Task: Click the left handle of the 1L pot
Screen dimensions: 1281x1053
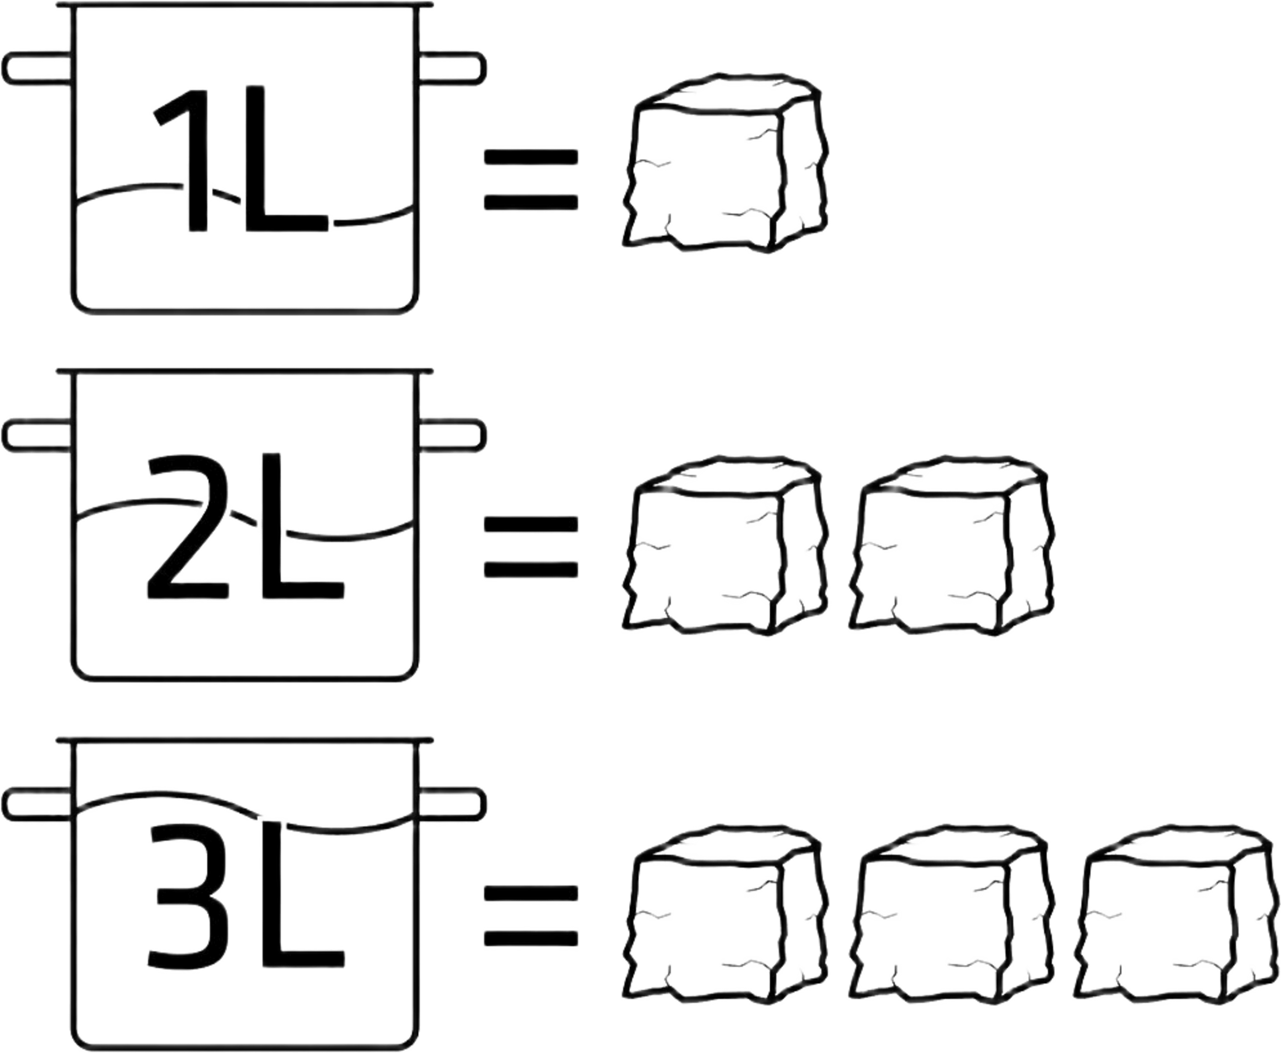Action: (38, 68)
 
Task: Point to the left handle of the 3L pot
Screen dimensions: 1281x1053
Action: (38, 804)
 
